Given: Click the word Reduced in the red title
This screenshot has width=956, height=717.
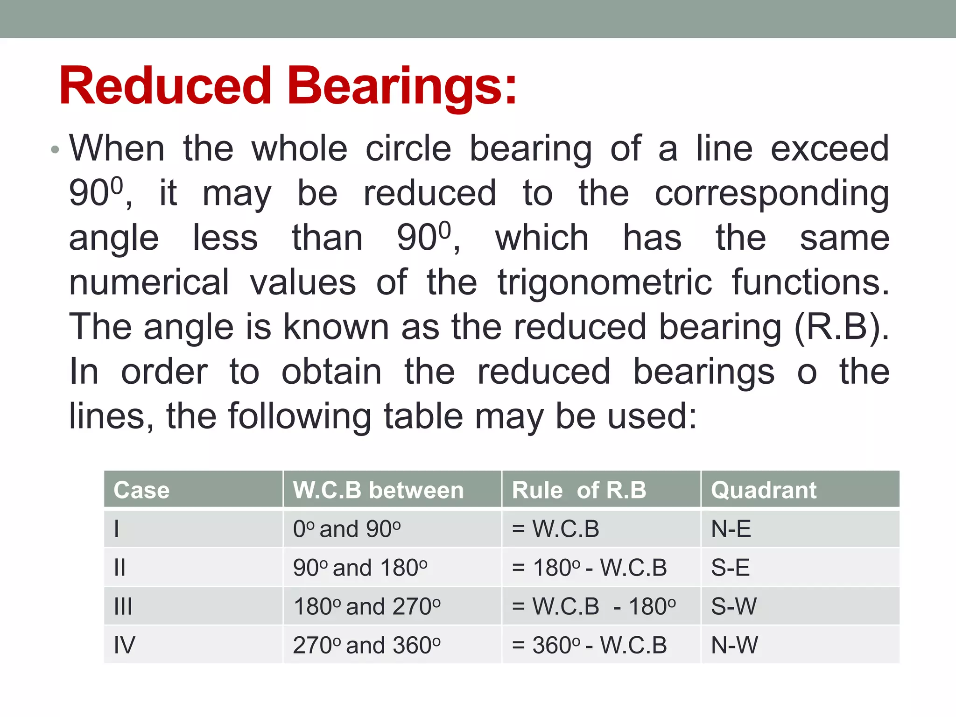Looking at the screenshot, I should tap(165, 86).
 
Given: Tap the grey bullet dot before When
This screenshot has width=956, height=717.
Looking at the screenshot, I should tap(55, 150).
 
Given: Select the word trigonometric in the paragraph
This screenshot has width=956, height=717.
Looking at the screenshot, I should tap(605, 282).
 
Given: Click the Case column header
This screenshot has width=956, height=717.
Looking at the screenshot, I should tap(141, 490).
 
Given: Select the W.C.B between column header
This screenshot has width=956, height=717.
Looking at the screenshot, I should tap(378, 490).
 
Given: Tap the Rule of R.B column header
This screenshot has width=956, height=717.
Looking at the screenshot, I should tap(579, 490).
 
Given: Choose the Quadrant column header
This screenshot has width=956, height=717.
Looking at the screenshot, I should tap(764, 490).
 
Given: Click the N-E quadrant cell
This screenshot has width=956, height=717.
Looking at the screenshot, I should tap(731, 529).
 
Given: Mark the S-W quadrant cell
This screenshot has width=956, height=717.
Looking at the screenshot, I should tap(734, 606).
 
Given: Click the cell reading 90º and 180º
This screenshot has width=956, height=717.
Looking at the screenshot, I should tap(360, 568).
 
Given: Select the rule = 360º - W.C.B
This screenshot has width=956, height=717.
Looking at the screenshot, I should tap(589, 645).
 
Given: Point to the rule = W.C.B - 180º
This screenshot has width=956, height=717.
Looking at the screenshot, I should tap(593, 606).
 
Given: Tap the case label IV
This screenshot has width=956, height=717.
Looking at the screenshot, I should tap(124, 645).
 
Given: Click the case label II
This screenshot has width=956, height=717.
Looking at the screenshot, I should tap(120, 568).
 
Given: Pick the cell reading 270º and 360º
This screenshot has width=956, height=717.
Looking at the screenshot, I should tap(366, 645).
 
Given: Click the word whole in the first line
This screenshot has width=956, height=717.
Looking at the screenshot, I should tap(299, 149).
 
